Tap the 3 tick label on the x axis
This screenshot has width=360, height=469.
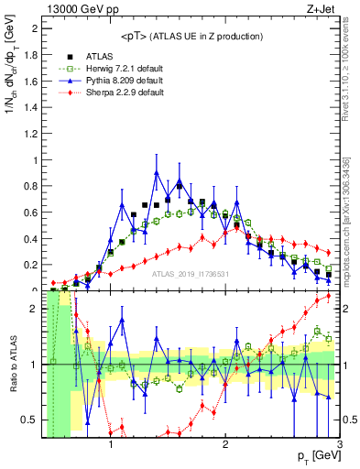tap(339, 445)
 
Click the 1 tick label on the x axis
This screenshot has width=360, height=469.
tap(111, 445)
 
